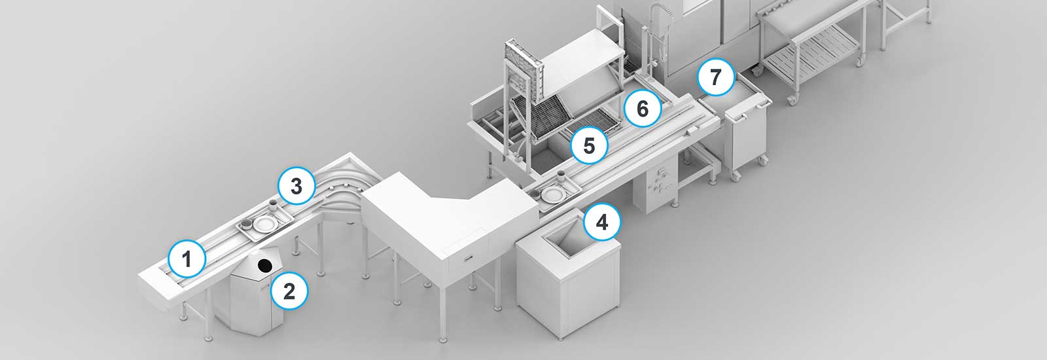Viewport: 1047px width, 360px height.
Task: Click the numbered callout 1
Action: (186, 260)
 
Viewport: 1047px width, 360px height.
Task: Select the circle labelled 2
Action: (289, 291)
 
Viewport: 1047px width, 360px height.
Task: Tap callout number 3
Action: (296, 187)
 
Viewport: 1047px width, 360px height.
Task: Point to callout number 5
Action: (589, 145)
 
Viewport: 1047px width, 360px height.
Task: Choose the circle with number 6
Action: (642, 109)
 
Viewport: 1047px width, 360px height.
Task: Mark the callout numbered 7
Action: (715, 77)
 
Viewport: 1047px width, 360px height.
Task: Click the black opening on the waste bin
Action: (264, 265)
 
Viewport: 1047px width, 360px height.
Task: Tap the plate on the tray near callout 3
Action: (265, 224)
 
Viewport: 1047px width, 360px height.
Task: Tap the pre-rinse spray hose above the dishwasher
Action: (654, 33)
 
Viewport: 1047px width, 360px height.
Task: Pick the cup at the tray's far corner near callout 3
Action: (273, 205)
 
